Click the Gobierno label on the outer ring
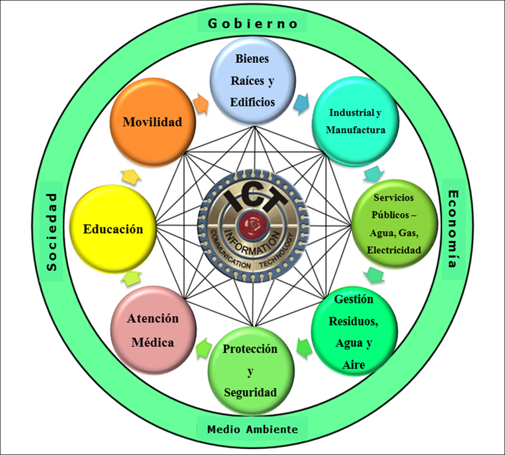click(252, 23)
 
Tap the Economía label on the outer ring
click(452, 229)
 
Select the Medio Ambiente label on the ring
click(252, 429)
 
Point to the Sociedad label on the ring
click(52, 231)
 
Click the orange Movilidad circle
click(152, 122)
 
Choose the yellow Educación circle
click(113, 229)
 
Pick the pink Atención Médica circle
click(153, 330)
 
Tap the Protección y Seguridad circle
click(251, 370)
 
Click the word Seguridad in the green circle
click(250, 392)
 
